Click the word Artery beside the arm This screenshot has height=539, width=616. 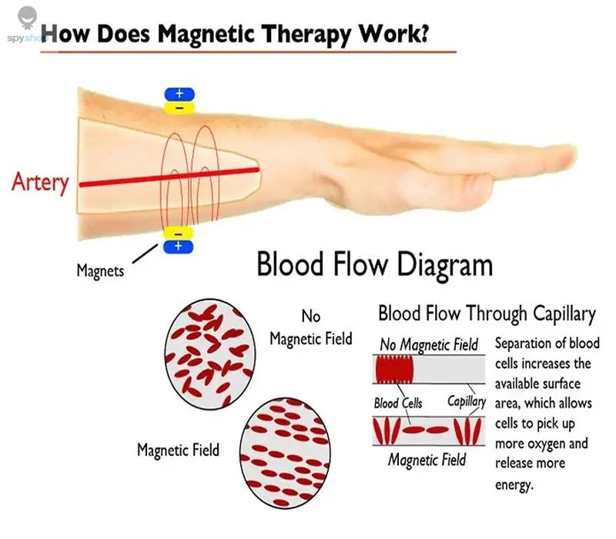pos(40,182)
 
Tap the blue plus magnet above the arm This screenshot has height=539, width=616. pos(179,94)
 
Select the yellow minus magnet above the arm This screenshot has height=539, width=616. pos(179,108)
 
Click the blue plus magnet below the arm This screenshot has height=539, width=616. pos(179,246)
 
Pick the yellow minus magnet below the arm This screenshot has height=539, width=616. pos(179,233)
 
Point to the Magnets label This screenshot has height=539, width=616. pos(100,271)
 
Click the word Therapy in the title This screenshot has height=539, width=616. pos(306,35)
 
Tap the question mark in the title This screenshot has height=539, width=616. pos(423,33)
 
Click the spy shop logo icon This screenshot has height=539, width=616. pos(27,18)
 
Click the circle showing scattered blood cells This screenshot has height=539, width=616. pos(209,354)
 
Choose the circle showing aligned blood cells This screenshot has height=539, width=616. pos(285,453)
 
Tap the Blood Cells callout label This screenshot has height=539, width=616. pos(397,403)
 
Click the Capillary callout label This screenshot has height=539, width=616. pos(467,401)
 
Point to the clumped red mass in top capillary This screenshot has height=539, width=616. pos(394,370)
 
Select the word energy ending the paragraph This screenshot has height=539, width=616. pos(514,484)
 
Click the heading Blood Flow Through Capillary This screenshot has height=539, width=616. pos(487,314)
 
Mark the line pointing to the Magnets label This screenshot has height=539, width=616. pos(145,253)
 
